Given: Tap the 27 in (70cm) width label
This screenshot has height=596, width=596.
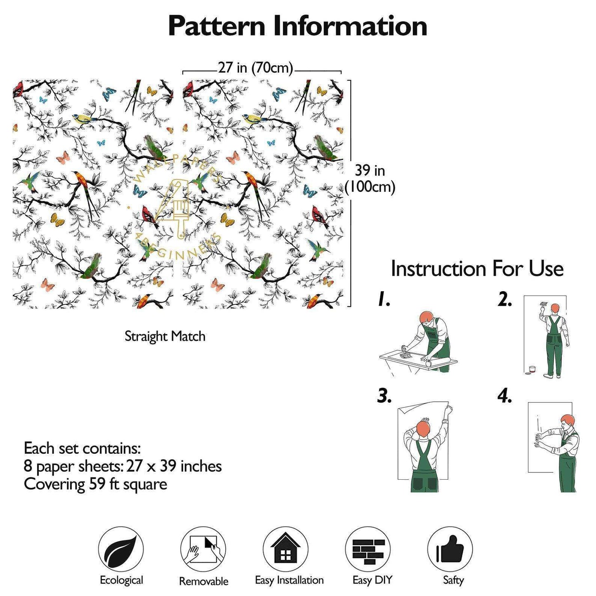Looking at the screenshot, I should [255, 68].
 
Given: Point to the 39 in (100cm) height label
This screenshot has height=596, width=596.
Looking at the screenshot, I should [370, 179].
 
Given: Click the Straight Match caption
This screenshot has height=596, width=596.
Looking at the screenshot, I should [165, 336].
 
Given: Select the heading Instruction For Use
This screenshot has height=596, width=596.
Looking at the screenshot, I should [477, 269].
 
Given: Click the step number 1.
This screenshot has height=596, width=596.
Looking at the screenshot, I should [384, 300].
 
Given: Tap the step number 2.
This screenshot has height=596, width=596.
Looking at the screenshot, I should [504, 300].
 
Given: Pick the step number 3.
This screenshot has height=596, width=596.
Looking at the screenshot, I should [384, 396].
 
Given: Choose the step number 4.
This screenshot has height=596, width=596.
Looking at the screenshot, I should [504, 396].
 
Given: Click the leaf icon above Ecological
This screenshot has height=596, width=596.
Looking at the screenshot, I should [121, 549].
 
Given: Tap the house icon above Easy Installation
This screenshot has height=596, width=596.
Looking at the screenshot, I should [285, 549].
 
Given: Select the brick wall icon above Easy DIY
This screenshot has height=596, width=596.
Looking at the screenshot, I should [368, 549].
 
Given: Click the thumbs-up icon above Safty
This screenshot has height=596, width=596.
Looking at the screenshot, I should [450, 549].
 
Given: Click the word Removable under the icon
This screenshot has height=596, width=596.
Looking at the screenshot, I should [203, 581].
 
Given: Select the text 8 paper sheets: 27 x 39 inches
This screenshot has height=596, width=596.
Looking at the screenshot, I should [123, 466].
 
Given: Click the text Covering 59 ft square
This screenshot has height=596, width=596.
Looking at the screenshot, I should [95, 484].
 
